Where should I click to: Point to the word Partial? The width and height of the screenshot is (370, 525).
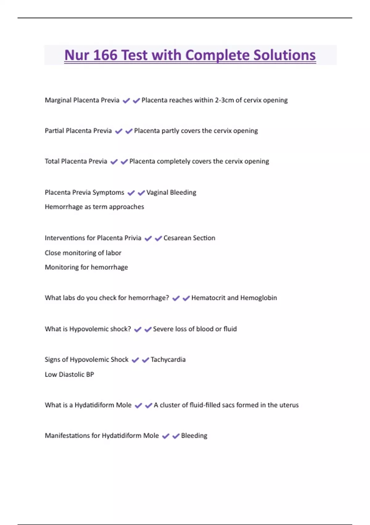pyautogui.click(x=54, y=131)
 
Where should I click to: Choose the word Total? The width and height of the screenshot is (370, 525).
pyautogui.click(x=52, y=161)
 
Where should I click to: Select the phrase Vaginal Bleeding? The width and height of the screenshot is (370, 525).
pyautogui.click(x=171, y=192)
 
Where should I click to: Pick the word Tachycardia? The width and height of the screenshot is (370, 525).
pyautogui.click(x=168, y=359)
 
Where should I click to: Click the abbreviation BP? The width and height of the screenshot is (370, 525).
pyautogui.click(x=90, y=374)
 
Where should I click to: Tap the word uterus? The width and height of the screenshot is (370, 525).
pyautogui.click(x=289, y=405)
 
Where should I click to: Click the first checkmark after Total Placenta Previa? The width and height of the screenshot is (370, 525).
pyautogui.click(x=114, y=162)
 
